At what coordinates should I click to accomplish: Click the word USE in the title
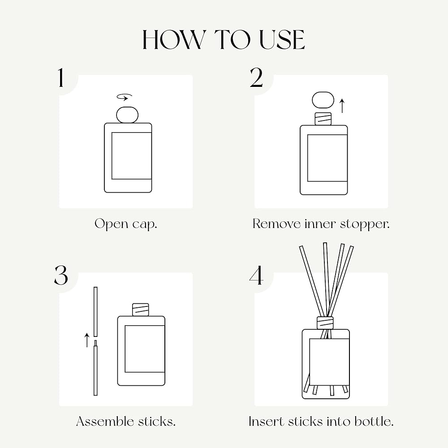click(x=282, y=40)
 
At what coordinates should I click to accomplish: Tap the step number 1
click(x=60, y=78)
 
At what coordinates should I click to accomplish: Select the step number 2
click(x=256, y=78)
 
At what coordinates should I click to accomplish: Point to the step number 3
click(x=61, y=275)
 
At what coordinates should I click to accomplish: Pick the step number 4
click(x=256, y=275)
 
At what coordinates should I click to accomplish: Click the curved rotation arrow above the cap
click(x=125, y=97)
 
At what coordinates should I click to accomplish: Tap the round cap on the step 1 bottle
click(x=127, y=115)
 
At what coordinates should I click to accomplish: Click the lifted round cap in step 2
click(x=323, y=100)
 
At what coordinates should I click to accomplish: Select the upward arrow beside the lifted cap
click(x=342, y=106)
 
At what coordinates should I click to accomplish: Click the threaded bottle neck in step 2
click(x=323, y=119)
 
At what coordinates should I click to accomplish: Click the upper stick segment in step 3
click(x=95, y=312)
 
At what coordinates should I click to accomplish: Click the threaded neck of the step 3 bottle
click(x=141, y=310)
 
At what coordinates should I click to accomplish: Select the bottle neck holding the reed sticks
click(x=325, y=323)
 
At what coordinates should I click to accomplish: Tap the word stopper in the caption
click(x=365, y=224)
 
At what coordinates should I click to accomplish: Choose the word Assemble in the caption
click(x=105, y=421)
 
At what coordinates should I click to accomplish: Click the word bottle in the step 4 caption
click(x=374, y=422)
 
